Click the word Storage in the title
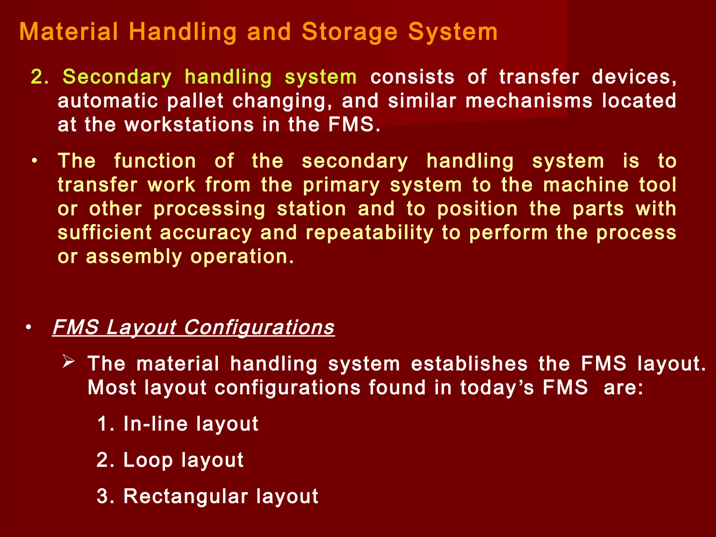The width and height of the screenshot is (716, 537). point(350,32)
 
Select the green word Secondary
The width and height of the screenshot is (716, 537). point(117,77)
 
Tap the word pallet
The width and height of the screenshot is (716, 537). point(195,101)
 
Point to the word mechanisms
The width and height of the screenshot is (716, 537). point(529,101)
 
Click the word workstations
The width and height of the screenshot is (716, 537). point(189,125)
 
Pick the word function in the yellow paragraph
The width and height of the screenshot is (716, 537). point(155,161)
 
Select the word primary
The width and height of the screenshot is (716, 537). point(341,185)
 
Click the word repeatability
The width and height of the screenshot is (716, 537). point(370,233)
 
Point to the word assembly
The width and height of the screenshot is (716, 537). point(134,257)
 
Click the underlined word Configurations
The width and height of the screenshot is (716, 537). point(259,328)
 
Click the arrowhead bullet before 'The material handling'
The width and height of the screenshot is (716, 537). point(69,361)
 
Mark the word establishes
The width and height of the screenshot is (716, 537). point(469,364)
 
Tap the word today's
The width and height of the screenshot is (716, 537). point(497,388)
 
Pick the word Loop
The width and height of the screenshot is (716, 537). point(148,460)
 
